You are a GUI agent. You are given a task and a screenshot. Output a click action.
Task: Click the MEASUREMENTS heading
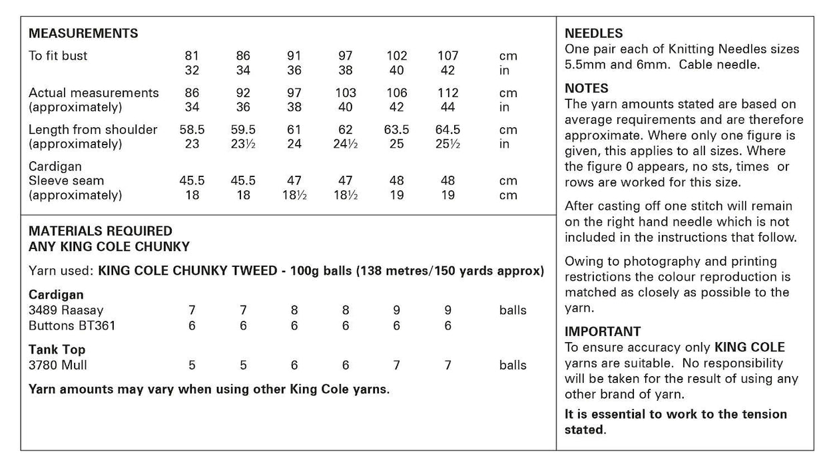pyautogui.click(x=83, y=33)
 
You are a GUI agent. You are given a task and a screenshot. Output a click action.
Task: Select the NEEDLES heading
pyautogui.click(x=594, y=33)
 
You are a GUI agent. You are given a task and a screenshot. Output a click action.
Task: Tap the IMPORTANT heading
pyautogui.click(x=603, y=332)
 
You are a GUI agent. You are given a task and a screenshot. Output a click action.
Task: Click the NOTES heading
pyautogui.click(x=587, y=89)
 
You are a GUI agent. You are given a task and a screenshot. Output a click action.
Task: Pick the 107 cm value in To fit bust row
pyautogui.click(x=447, y=56)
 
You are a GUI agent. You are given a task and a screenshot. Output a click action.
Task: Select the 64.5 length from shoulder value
pyautogui.click(x=447, y=130)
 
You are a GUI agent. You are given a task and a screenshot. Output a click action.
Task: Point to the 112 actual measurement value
pyautogui.click(x=447, y=93)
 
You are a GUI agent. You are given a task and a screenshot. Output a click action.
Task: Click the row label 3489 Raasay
pyautogui.click(x=66, y=310)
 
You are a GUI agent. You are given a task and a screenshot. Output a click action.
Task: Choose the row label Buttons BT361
pyautogui.click(x=72, y=326)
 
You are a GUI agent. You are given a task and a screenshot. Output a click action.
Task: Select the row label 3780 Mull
pyautogui.click(x=58, y=365)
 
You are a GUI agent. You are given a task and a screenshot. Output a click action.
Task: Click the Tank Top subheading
pyautogui.click(x=57, y=349)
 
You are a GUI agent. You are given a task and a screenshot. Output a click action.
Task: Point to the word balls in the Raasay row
pyautogui.click(x=513, y=310)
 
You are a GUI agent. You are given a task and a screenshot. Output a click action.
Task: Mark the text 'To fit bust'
pyautogui.click(x=58, y=56)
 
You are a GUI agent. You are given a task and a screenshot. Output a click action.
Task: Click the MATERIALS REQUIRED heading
pyautogui.click(x=101, y=231)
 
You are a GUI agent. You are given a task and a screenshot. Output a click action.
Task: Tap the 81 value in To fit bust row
pyautogui.click(x=192, y=56)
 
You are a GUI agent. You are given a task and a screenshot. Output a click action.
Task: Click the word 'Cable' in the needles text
pyautogui.click(x=708, y=65)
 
